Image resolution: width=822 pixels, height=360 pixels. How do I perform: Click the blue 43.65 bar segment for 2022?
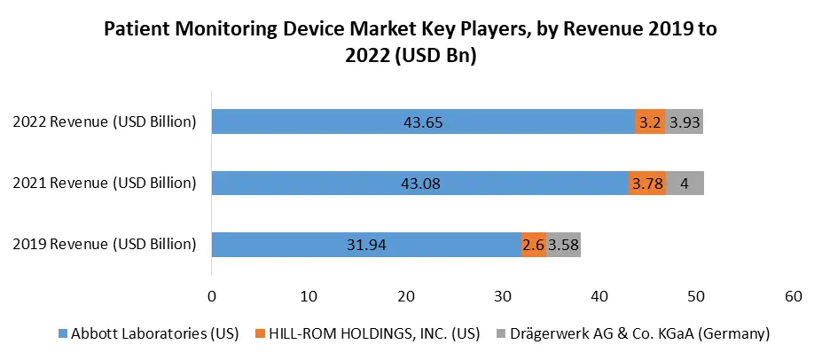(x=422, y=122)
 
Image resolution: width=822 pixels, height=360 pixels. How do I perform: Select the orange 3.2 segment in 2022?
(x=649, y=122)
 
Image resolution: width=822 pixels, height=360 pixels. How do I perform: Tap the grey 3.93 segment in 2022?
(x=684, y=122)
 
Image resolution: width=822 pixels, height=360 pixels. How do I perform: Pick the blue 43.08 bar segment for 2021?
(x=419, y=184)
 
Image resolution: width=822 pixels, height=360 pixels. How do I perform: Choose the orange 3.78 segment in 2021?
(x=647, y=184)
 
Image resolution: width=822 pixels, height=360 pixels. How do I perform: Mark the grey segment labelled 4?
(x=685, y=184)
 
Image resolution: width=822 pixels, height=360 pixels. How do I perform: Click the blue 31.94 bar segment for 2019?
(x=365, y=245)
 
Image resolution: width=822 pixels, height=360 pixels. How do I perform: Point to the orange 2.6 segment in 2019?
(x=534, y=245)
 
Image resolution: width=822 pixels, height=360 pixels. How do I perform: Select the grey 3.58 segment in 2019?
(x=563, y=245)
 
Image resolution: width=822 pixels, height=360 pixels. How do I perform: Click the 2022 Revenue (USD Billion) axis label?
(x=104, y=122)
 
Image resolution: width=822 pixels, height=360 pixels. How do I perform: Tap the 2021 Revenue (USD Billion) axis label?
(x=104, y=184)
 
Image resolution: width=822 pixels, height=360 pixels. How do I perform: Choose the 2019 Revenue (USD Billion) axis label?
(x=104, y=245)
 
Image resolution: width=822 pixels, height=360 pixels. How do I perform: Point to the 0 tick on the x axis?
(x=211, y=295)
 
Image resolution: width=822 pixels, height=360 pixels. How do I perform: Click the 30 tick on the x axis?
(x=502, y=295)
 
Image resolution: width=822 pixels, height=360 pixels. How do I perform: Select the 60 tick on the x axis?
(x=794, y=295)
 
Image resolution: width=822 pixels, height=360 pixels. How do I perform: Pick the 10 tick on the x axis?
(x=309, y=295)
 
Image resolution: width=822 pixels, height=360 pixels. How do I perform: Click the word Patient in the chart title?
(x=134, y=28)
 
